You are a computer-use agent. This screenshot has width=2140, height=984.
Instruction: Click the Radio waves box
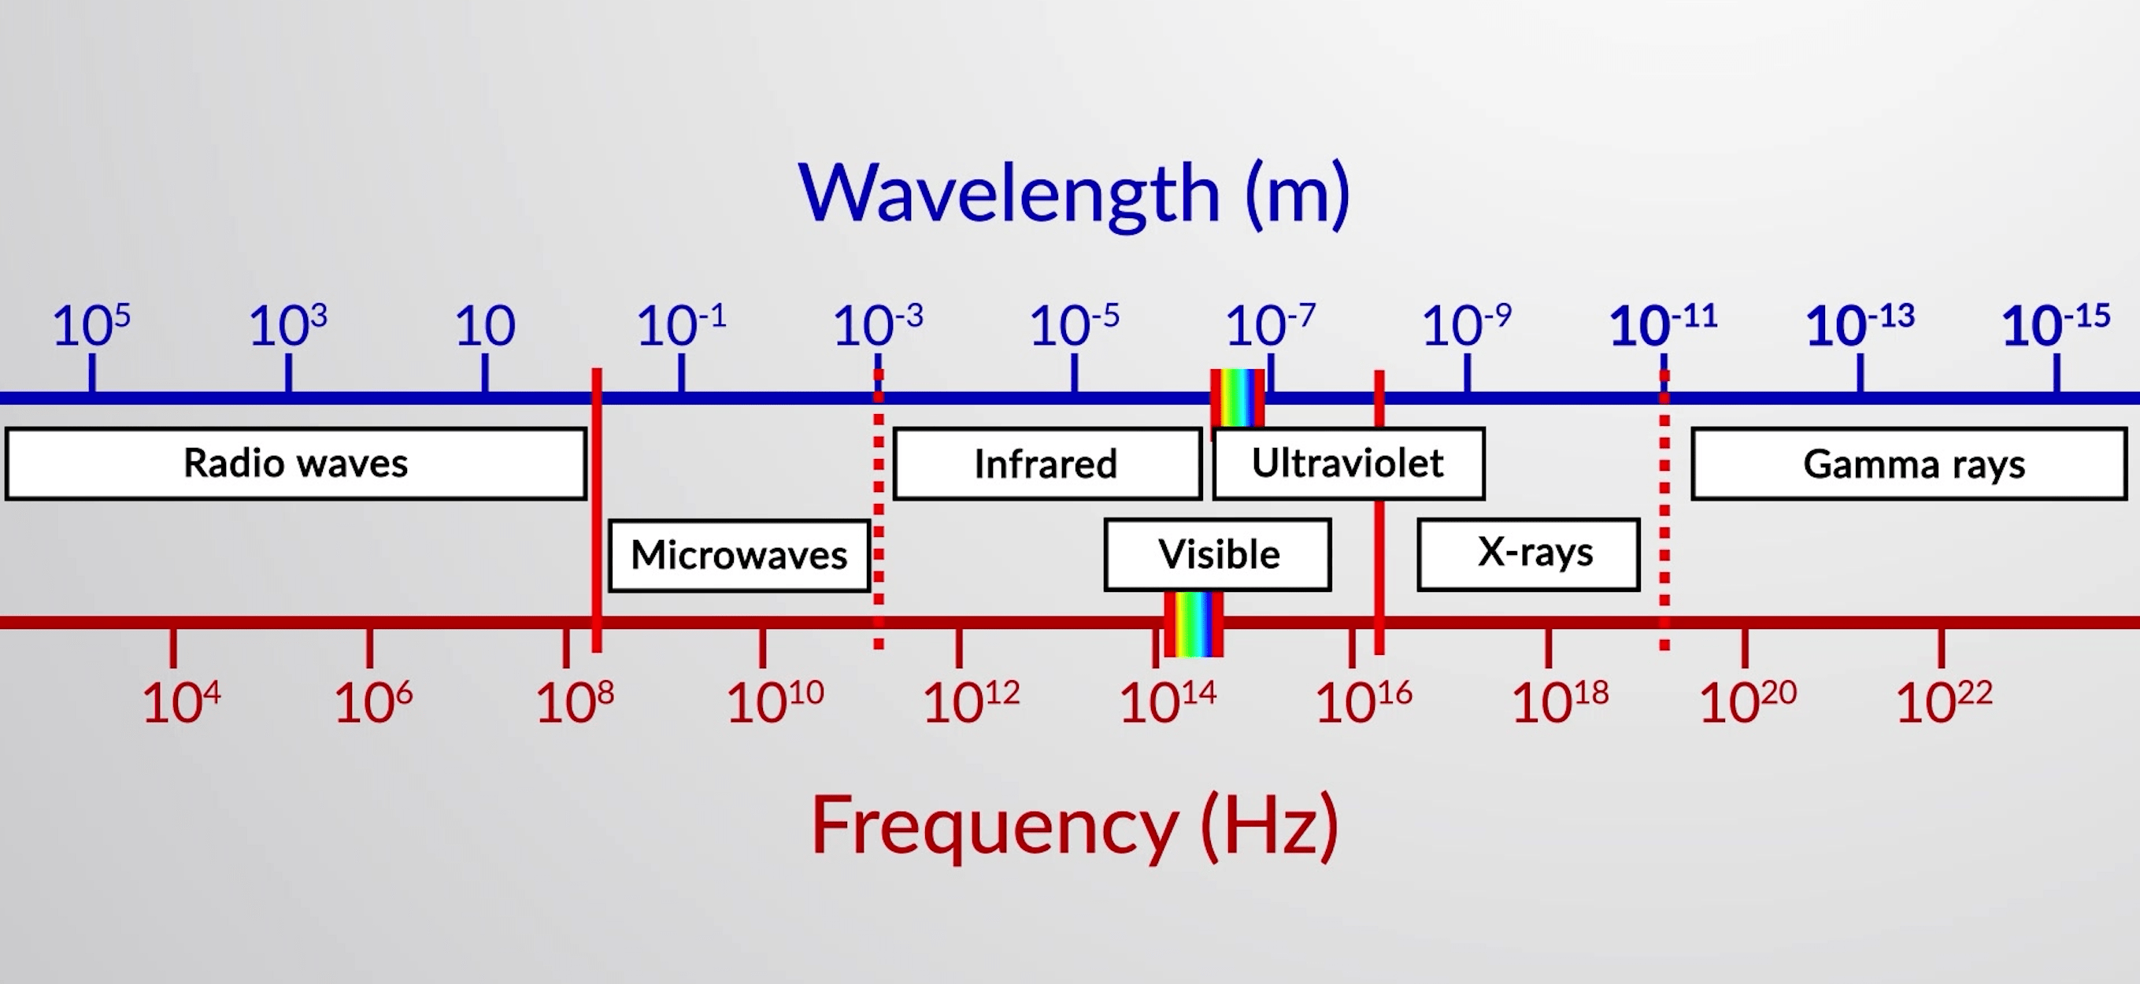296,464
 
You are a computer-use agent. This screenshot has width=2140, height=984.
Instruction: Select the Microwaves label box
739,555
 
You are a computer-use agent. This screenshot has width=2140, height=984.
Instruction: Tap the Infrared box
1046,464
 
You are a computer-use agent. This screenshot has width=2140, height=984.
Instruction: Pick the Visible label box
1218,555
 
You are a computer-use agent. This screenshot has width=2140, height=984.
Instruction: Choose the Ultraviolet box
1348,464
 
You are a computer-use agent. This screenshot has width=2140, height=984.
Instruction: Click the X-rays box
1528,555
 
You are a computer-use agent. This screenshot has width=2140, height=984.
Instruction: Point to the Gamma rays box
1909,464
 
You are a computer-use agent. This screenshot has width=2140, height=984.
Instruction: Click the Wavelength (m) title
1074,194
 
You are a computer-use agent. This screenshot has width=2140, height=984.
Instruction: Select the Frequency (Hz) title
1074,827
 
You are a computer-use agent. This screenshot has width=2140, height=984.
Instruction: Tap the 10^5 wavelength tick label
91,324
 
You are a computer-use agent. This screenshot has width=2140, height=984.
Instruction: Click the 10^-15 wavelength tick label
2056,324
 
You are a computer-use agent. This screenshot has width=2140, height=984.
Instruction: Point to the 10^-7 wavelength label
1270,324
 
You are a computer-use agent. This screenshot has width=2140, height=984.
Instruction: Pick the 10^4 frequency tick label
181,701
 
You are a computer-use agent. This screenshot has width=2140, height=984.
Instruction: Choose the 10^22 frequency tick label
1944,701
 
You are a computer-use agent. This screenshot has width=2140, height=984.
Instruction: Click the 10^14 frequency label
1168,701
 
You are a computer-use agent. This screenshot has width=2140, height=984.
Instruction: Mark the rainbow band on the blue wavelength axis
1238,398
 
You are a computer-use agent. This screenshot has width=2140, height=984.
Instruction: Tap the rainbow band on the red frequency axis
1194,623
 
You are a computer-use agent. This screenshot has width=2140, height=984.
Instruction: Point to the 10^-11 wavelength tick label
1663,324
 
